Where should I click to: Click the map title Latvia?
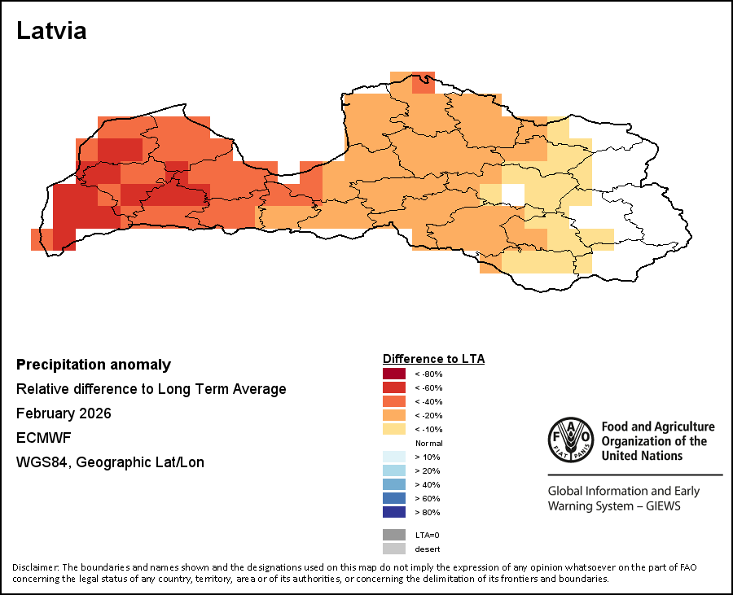pos(51,31)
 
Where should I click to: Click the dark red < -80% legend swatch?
pos(394,374)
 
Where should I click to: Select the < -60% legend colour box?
pos(394,387)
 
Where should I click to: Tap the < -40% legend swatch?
pos(394,401)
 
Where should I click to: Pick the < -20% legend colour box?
pos(394,415)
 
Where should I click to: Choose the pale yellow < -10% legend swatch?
pos(394,429)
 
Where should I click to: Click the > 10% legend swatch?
pos(394,457)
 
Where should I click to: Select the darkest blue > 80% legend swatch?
pos(394,512)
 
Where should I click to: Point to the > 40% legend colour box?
pos(394,484)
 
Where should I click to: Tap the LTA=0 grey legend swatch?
pos(394,535)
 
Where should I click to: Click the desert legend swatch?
pos(394,549)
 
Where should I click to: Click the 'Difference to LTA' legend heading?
pos(433,359)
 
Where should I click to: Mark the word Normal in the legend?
pos(428,443)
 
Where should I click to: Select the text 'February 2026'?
pos(64,413)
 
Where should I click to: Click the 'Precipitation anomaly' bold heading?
pos(94,365)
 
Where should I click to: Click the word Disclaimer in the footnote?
pos(35,567)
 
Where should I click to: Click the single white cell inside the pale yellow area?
pos(512,194)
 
